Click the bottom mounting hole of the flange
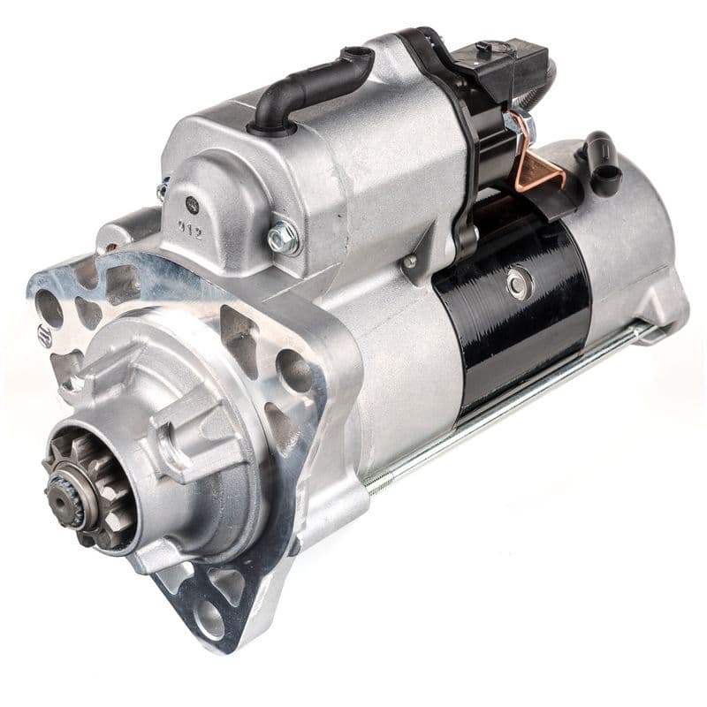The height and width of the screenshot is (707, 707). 209,618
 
